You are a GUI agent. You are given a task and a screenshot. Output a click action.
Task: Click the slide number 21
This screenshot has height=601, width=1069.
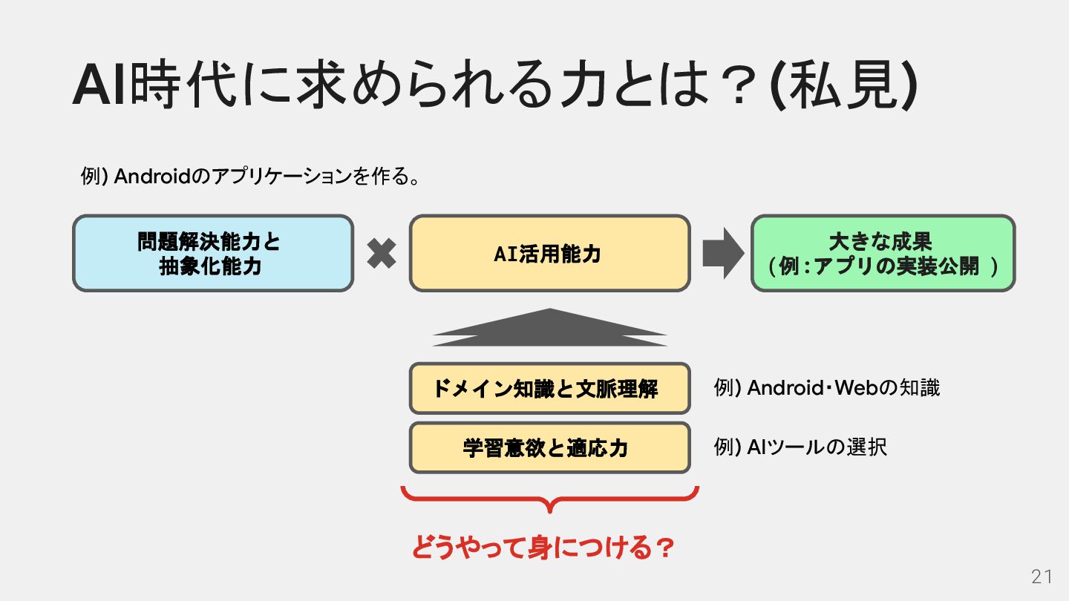[1042, 577]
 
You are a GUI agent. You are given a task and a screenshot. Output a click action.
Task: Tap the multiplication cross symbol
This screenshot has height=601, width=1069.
[382, 254]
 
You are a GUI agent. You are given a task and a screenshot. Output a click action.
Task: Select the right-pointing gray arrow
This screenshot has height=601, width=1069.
[722, 254]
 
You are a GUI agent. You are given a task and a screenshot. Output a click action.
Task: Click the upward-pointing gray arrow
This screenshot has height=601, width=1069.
[549, 328]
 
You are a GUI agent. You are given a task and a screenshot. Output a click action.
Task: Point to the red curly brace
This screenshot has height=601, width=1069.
[549, 499]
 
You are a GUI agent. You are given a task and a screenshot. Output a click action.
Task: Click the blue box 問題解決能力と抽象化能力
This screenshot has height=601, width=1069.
[213, 254]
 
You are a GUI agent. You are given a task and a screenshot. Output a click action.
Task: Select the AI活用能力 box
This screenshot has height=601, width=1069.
[549, 254]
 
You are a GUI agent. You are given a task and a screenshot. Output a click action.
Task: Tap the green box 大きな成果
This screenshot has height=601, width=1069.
[882, 254]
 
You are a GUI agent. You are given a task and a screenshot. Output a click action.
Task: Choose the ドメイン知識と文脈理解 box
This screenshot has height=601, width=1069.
[549, 388]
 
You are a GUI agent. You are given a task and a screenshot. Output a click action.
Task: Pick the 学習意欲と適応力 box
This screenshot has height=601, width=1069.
[549, 447]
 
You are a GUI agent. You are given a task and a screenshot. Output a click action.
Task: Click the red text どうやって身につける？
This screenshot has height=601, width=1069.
[543, 548]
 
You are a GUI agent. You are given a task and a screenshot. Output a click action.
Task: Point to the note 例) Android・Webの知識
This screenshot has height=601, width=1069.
[826, 388]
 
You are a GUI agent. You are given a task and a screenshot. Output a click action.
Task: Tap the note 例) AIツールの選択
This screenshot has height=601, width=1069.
[800, 447]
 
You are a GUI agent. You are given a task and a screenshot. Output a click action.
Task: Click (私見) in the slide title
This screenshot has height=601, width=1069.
[845, 88]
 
